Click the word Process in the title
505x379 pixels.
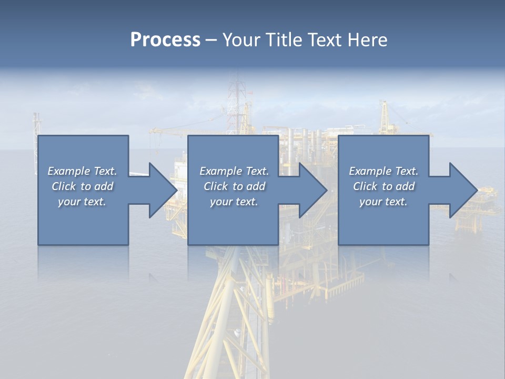click(x=165, y=40)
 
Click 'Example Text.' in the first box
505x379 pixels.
click(x=82, y=171)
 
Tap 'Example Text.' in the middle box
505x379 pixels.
click(x=234, y=171)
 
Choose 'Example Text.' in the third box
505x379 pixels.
click(x=383, y=171)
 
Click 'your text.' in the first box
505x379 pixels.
click(x=82, y=202)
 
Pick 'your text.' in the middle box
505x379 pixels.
click(x=234, y=202)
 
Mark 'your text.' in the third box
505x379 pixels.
click(x=383, y=202)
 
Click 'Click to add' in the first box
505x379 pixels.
click(x=82, y=186)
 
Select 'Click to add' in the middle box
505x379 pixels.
click(x=234, y=186)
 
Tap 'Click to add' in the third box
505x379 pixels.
click(x=383, y=186)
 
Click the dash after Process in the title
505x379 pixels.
click(x=211, y=41)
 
